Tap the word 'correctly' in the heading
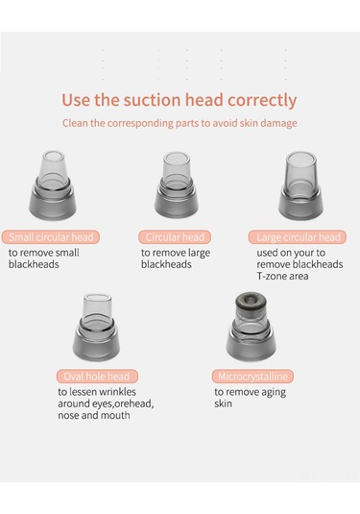(x=262, y=101)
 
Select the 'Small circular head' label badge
(x=51, y=237)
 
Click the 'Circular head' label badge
(x=175, y=237)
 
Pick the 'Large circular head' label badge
(x=298, y=237)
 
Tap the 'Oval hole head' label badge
(x=97, y=377)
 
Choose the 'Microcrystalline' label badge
(x=252, y=377)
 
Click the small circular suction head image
(x=53, y=185)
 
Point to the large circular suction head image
(x=300, y=185)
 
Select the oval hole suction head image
(x=96, y=328)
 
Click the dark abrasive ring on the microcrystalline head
(x=251, y=303)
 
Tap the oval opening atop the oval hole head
(x=97, y=298)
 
